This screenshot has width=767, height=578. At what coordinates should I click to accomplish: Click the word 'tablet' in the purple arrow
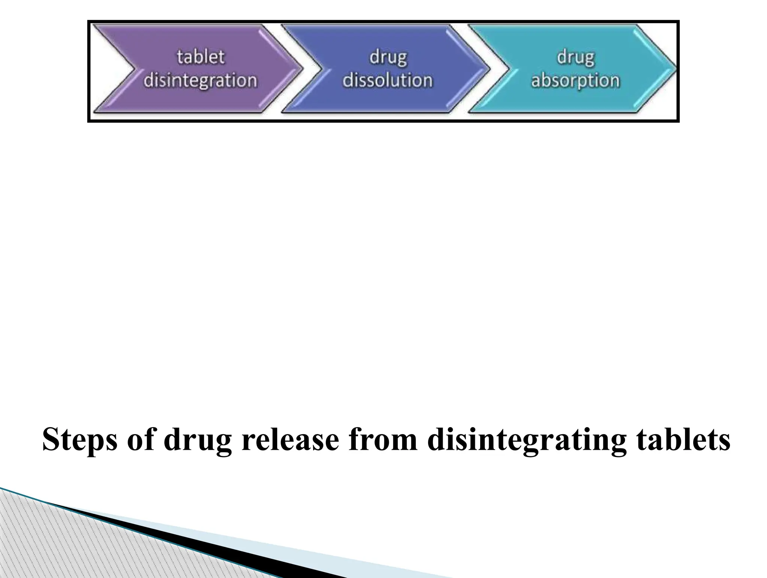[200, 57]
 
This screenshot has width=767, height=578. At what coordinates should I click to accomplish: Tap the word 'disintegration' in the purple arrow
[200, 81]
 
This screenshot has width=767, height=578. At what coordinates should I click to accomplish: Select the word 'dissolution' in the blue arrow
[388, 81]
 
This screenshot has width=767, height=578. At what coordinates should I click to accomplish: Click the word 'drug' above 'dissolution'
[388, 58]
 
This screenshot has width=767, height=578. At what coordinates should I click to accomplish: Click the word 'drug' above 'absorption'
[576, 58]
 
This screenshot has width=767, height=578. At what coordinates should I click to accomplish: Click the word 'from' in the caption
[383, 440]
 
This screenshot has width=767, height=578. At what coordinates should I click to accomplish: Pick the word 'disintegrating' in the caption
[527, 441]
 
